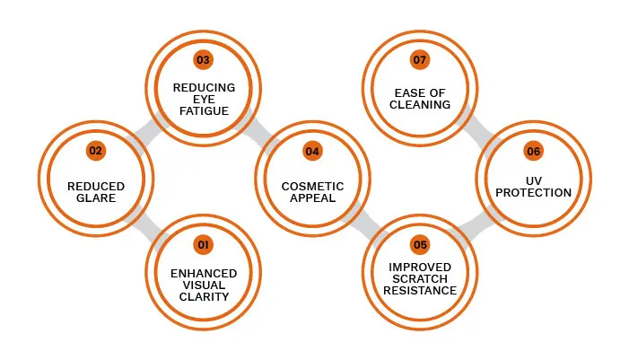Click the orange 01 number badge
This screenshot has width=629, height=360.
[203, 244]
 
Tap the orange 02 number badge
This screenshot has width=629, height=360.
[95, 151]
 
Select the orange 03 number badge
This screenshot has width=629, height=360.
[203, 59]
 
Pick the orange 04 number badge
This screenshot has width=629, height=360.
[311, 151]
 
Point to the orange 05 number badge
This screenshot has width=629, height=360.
[420, 244]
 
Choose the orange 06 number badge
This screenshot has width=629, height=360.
[534, 151]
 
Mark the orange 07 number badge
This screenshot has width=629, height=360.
[420, 59]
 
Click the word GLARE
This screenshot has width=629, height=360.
[95, 198]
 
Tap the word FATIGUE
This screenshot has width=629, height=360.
[203, 110]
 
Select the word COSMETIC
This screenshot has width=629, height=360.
[311, 187]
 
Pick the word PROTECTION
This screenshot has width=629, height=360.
[535, 192]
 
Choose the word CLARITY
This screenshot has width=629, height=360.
[204, 295]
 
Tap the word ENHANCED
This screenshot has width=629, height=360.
[204, 273]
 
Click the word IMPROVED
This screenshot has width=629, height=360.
[420, 268]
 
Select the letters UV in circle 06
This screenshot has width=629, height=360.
[535, 180]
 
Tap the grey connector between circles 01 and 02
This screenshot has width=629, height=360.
[149, 221]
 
